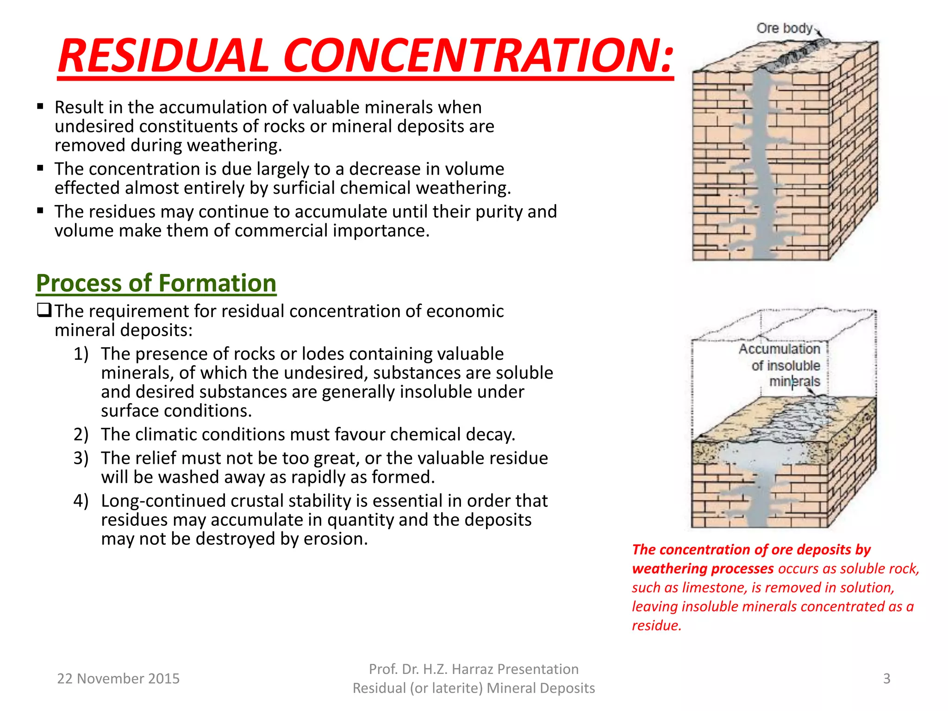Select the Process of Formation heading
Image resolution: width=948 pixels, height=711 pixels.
(x=156, y=283)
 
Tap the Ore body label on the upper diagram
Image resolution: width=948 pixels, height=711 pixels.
(x=784, y=29)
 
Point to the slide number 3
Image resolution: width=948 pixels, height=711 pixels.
(x=886, y=679)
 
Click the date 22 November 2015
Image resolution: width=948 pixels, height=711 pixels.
(x=118, y=679)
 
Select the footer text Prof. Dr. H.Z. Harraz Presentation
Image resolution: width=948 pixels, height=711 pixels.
(x=474, y=669)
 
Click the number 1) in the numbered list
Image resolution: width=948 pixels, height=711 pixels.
(x=81, y=354)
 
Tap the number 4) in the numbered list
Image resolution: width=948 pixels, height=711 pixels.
(x=81, y=501)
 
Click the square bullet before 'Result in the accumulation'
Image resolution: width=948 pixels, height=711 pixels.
(x=40, y=107)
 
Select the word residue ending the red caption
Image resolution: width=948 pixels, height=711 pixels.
(x=656, y=626)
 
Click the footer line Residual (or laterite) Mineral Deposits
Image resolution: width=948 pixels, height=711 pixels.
(x=474, y=688)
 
